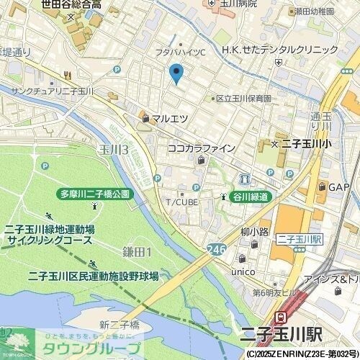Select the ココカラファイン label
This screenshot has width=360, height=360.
(201, 148)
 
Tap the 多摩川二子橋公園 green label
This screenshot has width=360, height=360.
(94, 194)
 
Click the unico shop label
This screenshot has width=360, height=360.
(243, 273)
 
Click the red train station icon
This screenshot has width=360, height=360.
(282, 317)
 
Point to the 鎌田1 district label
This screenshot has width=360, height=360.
(136, 251)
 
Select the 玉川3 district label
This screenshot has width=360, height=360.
(114, 149)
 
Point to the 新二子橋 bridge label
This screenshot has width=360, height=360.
(119, 323)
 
